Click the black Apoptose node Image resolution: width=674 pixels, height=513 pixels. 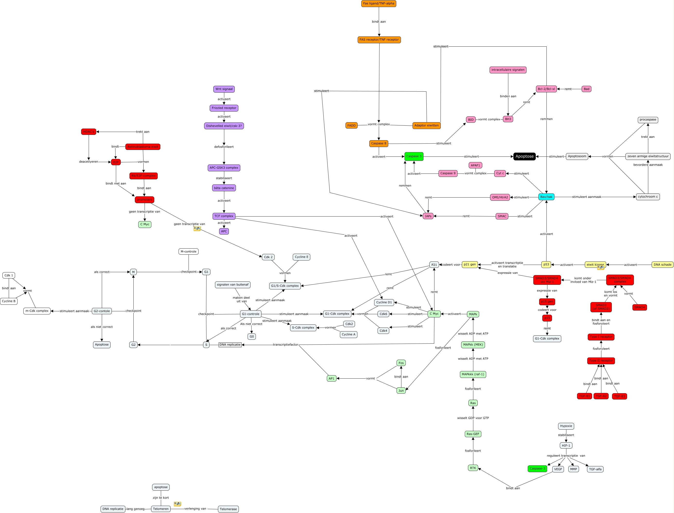pos(524,156)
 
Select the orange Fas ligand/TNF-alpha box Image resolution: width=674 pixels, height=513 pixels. pos(379,4)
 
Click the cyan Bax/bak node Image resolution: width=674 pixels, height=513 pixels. pos(546,197)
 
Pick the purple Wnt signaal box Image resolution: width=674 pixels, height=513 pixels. pos(224,89)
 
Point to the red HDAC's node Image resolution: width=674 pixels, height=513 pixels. pos(88,132)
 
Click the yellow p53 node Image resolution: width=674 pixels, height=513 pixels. pos(546,264)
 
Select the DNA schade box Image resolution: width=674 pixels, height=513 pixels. pos(662,265)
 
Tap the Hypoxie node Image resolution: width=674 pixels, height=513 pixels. pos(566,426)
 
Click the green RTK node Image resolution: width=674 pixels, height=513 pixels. pos(473,468)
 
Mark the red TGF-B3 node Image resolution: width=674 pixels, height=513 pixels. pos(619,396)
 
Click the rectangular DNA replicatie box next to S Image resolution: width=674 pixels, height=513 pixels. pos(230,345)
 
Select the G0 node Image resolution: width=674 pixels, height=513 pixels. pos(251,337)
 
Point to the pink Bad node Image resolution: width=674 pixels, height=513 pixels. pos(586,89)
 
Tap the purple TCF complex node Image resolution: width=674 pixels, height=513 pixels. pos(224,216)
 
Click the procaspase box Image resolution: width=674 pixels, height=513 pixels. pos(648,120)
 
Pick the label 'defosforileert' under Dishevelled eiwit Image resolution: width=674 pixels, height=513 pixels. pos(224,147)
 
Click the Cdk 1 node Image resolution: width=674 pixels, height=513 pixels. pos(9,275)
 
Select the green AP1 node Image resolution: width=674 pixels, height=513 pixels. pos(331,378)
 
